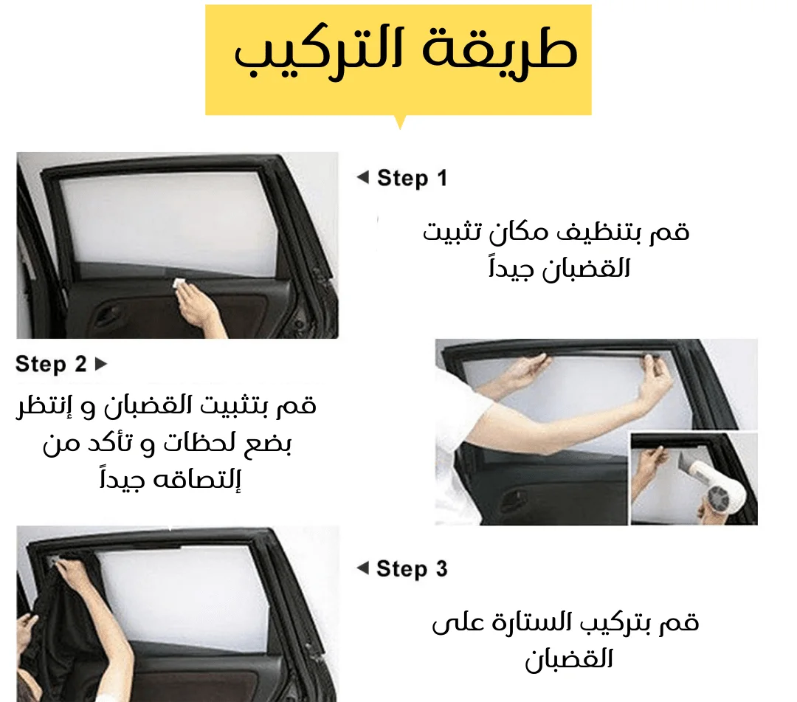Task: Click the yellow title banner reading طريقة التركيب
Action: point(398,60)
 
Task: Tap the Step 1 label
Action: point(413,179)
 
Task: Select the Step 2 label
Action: point(51,365)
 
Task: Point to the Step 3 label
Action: point(412,569)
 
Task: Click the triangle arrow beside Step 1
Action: point(363,177)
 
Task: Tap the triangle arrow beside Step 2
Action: point(101,364)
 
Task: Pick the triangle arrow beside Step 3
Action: point(363,568)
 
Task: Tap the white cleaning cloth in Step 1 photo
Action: point(179,283)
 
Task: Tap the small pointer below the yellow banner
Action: point(400,122)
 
